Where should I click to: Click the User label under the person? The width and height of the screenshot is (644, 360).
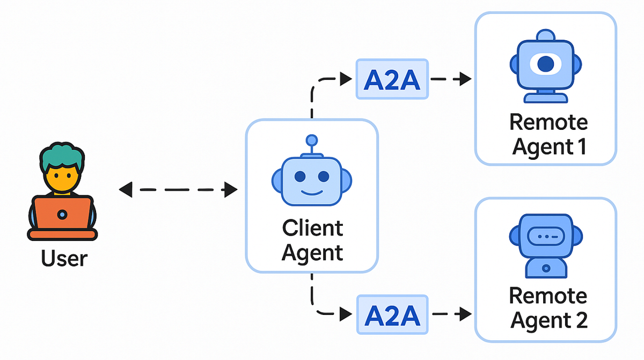64,258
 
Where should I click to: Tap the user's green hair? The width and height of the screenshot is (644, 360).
62,156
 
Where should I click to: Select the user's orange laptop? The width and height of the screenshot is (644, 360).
62,215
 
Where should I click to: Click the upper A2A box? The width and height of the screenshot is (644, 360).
392,79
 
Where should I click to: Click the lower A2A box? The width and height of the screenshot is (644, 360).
392,314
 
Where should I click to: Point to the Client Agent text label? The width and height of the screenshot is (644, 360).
312,240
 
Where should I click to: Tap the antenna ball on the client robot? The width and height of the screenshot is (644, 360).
311,141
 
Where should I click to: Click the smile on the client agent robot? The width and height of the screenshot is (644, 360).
311,192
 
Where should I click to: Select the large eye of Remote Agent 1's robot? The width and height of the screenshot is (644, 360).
545,64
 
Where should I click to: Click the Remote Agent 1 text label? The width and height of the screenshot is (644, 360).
548,134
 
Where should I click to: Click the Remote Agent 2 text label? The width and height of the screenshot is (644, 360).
548,308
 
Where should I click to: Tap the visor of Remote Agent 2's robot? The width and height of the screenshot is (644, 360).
545,236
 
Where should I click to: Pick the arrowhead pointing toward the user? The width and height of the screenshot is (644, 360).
125,189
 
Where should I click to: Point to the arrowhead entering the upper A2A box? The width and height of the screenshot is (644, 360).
346,79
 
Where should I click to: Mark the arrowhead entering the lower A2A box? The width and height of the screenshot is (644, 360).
346,314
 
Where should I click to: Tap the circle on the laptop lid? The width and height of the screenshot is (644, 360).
62,215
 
